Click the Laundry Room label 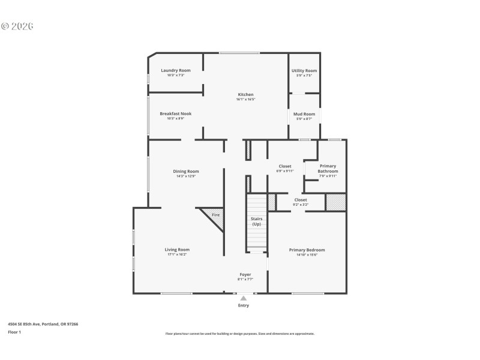click(x=176, y=70)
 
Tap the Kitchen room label click(x=245, y=94)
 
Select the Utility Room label click(x=304, y=70)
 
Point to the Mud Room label click(x=304, y=113)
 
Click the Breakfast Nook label click(x=175, y=113)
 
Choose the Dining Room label click(x=185, y=171)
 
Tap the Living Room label click(x=177, y=250)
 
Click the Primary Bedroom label click(x=307, y=250)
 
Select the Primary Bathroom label click(x=328, y=169)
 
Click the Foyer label click(x=245, y=274)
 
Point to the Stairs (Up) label click(x=256, y=221)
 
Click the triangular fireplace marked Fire click(x=215, y=217)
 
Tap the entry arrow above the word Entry click(x=243, y=298)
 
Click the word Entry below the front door click(x=243, y=305)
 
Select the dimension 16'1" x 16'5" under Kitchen click(x=245, y=99)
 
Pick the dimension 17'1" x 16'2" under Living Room click(x=177, y=254)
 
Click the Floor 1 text click(x=14, y=332)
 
